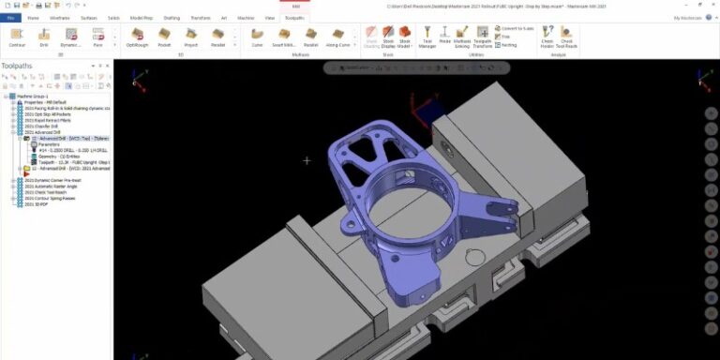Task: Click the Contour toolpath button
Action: [17, 37]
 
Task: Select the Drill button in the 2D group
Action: [44, 37]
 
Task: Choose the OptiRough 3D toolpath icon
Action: [137, 37]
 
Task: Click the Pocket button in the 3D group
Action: [164, 37]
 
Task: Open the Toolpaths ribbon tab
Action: [294, 17]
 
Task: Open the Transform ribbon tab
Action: [200, 17]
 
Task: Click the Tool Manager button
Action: [427, 37]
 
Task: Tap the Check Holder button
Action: [546, 37]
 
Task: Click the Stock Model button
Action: [404, 37]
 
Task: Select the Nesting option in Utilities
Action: [507, 44]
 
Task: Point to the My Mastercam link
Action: [687, 17]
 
